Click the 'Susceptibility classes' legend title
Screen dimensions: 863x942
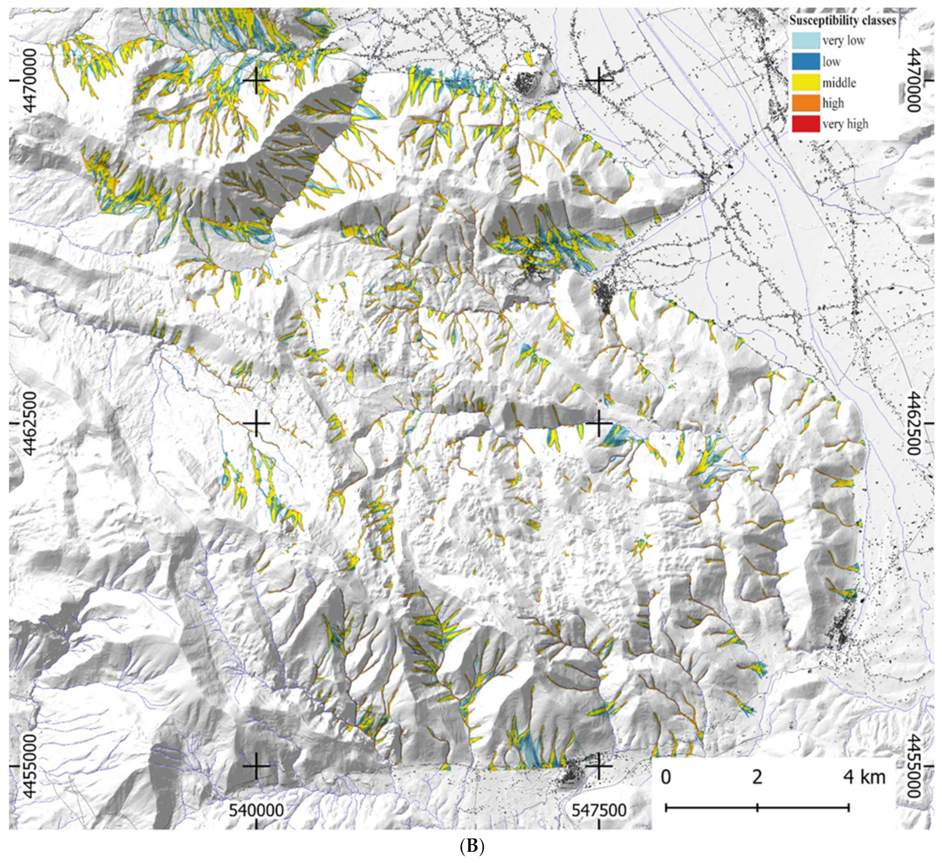(842, 21)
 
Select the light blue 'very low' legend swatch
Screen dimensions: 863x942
(805, 40)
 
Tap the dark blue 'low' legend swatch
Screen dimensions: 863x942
(805, 62)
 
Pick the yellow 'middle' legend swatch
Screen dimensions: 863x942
(805, 83)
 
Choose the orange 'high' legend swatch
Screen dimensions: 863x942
(805, 103)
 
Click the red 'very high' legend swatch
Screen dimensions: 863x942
(805, 124)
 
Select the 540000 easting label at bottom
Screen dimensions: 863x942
(256, 810)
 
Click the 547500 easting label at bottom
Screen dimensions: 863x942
(599, 810)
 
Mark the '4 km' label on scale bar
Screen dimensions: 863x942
(865, 777)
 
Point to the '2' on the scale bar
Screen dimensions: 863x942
(757, 777)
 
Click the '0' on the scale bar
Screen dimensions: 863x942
(666, 777)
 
